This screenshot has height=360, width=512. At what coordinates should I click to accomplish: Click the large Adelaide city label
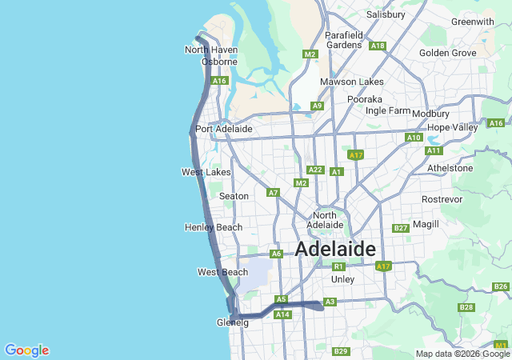click(335, 249)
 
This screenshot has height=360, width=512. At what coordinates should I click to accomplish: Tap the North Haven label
click(211, 50)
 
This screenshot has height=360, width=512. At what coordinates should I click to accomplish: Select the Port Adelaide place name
click(224, 129)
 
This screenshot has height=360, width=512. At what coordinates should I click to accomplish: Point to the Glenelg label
click(233, 322)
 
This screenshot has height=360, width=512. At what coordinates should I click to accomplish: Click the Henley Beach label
click(213, 227)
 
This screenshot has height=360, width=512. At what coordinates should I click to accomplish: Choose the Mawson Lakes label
click(351, 82)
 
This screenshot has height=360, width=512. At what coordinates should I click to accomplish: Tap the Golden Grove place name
click(448, 53)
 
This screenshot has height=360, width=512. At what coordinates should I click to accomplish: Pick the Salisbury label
click(386, 14)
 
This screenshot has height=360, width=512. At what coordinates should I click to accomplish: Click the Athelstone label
click(451, 168)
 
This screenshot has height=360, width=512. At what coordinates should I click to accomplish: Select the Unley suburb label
click(342, 279)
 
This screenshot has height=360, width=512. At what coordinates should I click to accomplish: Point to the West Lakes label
click(206, 172)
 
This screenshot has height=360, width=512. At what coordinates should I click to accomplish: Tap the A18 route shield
click(378, 46)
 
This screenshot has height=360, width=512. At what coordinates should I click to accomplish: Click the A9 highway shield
click(318, 106)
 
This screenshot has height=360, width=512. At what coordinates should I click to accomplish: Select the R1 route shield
click(338, 266)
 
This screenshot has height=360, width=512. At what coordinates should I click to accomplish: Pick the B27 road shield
click(401, 228)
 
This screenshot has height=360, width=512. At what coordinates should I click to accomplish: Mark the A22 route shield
click(315, 170)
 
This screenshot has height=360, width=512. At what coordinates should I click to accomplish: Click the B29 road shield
click(341, 351)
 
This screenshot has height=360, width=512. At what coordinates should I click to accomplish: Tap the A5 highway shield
click(281, 299)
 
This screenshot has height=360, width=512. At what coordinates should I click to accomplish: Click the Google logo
click(26, 350)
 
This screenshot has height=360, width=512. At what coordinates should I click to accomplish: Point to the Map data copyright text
click(462, 354)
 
